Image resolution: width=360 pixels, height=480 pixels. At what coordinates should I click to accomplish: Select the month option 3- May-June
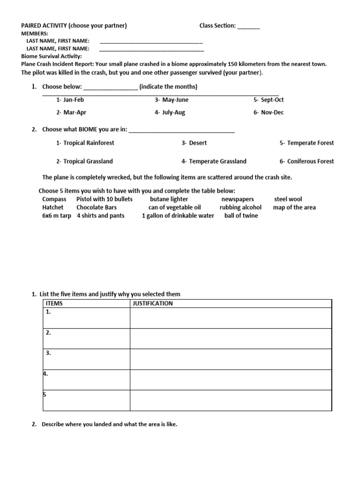tap(172, 100)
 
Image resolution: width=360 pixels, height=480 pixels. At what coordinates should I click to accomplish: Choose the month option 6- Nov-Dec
tap(269, 112)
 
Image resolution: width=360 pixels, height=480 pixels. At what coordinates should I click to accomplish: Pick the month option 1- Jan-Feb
tap(70, 100)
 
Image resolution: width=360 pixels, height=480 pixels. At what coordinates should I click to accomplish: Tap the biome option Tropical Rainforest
tap(85, 143)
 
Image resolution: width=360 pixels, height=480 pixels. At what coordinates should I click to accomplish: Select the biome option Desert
tap(194, 143)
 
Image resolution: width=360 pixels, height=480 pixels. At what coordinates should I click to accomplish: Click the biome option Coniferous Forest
tap(307, 161)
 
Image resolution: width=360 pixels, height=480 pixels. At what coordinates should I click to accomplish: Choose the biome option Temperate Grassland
tap(214, 161)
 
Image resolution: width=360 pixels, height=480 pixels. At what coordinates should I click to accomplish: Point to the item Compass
tap(54, 199)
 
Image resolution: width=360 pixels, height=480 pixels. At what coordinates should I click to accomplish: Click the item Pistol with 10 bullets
tap(105, 199)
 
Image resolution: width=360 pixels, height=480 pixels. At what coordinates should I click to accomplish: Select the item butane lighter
tap(169, 199)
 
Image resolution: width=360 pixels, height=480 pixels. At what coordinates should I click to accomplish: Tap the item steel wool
tap(288, 199)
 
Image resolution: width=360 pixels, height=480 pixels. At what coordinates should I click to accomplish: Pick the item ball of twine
tap(241, 216)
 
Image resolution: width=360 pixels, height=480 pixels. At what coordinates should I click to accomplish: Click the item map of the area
tap(294, 207)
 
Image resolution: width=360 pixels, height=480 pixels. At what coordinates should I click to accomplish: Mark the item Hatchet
tap(52, 207)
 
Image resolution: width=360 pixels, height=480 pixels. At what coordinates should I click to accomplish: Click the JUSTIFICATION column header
tap(153, 303)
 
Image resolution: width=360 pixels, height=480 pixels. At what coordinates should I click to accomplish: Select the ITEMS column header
tap(54, 303)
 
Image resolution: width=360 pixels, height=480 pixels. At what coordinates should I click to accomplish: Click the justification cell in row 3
tap(231, 359)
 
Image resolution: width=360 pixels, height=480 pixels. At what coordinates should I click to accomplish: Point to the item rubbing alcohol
tap(240, 207)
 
